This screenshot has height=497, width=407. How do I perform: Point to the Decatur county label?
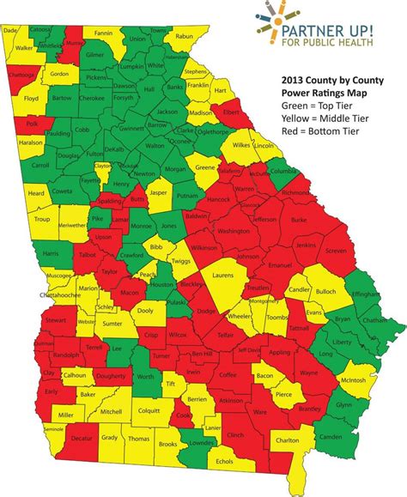point(82,461)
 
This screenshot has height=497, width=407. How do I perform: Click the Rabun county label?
point(183,37)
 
